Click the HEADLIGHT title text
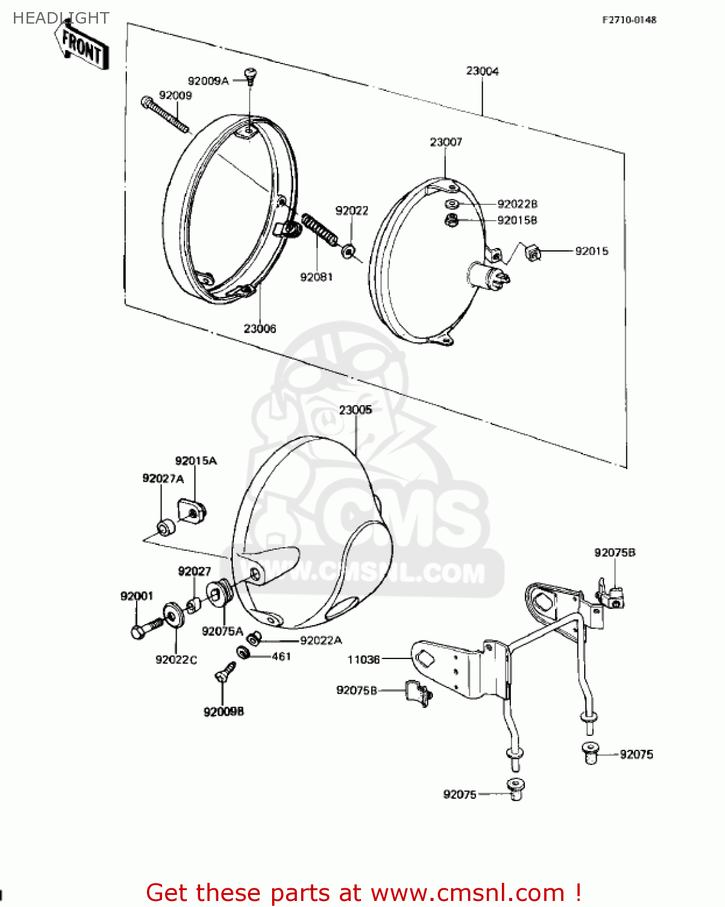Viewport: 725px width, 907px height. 60,18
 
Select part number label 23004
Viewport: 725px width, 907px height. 482,71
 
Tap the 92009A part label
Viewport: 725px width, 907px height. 208,80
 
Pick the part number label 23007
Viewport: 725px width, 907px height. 446,141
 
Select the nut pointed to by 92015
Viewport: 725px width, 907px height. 533,253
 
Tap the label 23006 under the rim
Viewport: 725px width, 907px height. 260,328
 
